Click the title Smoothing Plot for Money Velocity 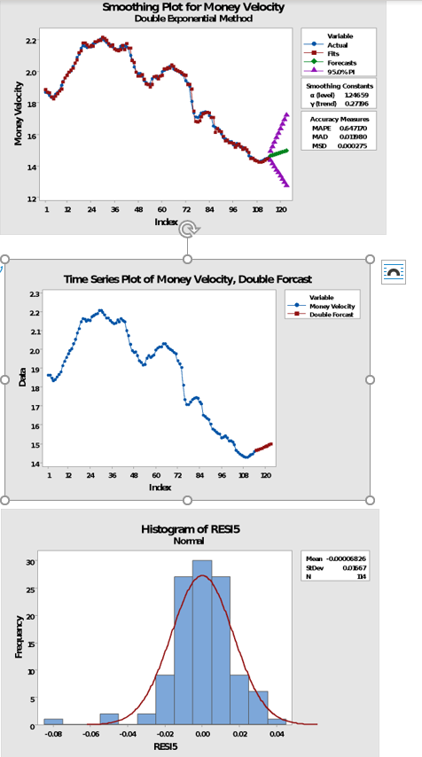pyautogui.click(x=193, y=7)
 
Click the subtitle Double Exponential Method pyautogui.click(x=193, y=18)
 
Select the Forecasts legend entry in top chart pyautogui.click(x=341, y=63)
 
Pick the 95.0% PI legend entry pyautogui.click(x=342, y=71)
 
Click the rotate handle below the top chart pyautogui.click(x=186, y=230)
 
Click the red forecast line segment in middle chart pyautogui.click(x=263, y=448)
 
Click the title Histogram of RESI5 pyautogui.click(x=191, y=529)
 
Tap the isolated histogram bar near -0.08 pyautogui.click(x=53, y=722)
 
